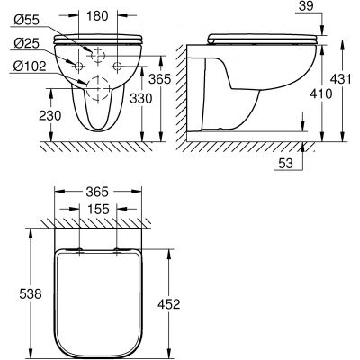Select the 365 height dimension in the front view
[x=159, y=79]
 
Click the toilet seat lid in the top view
[x=98, y=297]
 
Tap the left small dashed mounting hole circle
[x=78, y=67]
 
